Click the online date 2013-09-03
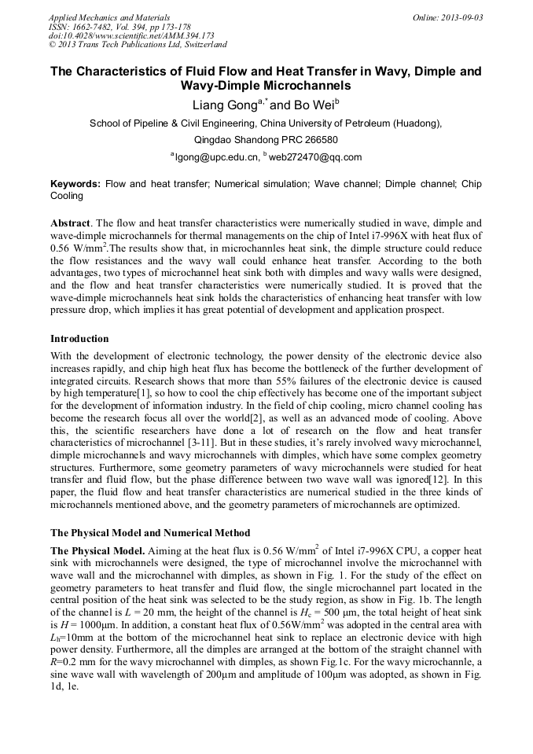pyautogui.click(x=463, y=17)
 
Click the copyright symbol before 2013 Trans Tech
pyautogui.click(x=53, y=46)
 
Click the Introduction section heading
pyautogui.click(x=79, y=339)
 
